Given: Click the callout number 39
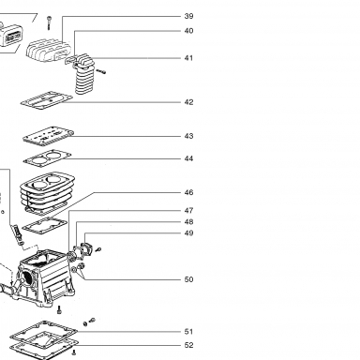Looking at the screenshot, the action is [x=188, y=16].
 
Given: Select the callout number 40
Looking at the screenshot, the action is [x=188, y=31].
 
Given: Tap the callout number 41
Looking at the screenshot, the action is [x=188, y=58].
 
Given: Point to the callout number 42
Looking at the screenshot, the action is [x=188, y=102].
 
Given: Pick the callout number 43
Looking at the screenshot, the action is [x=188, y=136].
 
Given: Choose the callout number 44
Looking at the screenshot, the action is [x=188, y=158].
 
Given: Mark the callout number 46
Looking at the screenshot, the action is [x=188, y=192].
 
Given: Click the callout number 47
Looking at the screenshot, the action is [x=188, y=211].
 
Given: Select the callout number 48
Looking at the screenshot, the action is [x=188, y=222].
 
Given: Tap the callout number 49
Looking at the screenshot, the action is [x=188, y=233].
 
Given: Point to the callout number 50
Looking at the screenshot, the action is [x=188, y=279].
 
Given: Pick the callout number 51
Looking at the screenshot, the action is [x=188, y=332].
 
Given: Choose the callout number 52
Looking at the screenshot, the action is [x=188, y=345].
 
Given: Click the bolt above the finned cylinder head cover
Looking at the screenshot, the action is [x=49, y=22].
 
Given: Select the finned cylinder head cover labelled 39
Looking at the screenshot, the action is [x=49, y=51].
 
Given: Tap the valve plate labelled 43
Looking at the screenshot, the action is [x=48, y=136].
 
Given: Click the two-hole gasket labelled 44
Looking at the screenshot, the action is [x=48, y=157].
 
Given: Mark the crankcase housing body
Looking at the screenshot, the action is [x=44, y=277].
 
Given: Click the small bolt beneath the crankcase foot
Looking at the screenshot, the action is [x=59, y=310].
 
